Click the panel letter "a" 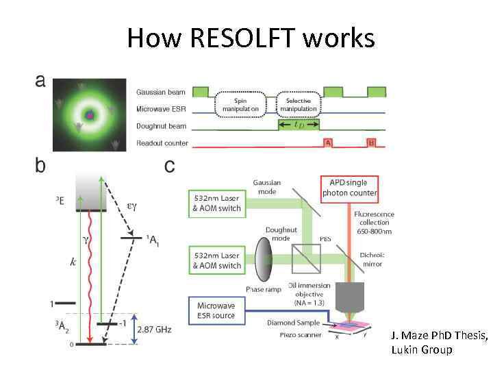[x=40, y=81]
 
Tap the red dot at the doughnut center [x=89, y=116]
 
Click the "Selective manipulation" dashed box [x=299, y=104]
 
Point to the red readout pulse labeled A [x=329, y=143]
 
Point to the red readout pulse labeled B [x=372, y=143]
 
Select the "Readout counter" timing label [x=162, y=143]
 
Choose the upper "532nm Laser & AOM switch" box [x=216, y=203]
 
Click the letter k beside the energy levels [x=73, y=262]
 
